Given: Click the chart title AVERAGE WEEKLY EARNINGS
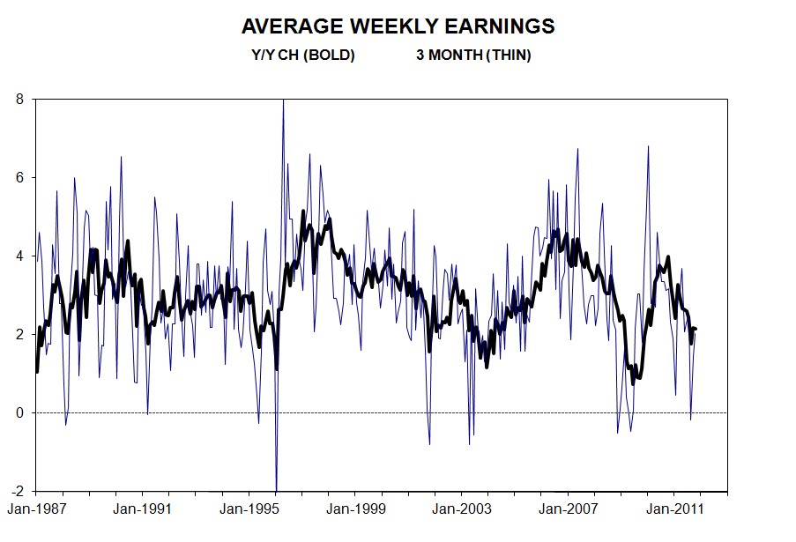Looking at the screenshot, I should pos(398,26).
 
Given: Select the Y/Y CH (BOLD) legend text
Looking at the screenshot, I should pos(302,55).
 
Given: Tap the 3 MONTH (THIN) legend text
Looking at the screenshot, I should pos(473,55).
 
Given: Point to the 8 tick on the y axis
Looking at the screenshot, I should pos(19,100).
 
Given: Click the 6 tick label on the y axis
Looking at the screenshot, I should pos(19,178).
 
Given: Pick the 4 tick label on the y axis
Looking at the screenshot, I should pos(19,256).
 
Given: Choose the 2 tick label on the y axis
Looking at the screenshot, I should pos(19,335).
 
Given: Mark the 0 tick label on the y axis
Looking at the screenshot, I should pos(19,412).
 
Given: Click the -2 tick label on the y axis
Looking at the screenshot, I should pos(18,491).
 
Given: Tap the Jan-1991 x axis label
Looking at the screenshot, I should pos(142,509).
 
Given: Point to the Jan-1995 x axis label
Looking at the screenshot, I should pos(249,509).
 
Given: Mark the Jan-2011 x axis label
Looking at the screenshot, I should pos(675,509).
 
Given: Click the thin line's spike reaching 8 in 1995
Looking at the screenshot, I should pos(283,101).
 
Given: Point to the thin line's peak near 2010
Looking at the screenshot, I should pos(648,147).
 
